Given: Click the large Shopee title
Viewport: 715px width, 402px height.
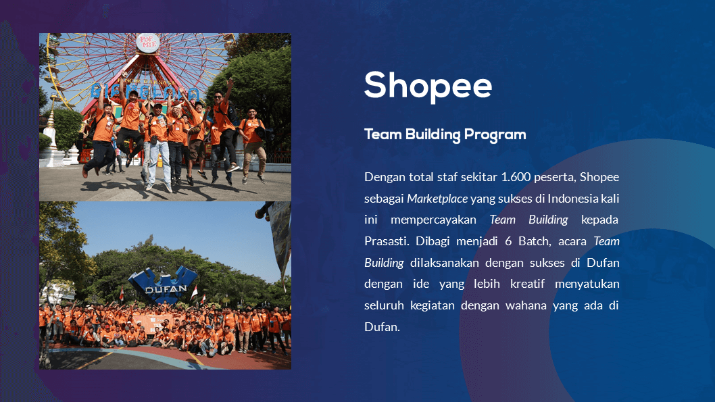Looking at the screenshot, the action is [x=428, y=86].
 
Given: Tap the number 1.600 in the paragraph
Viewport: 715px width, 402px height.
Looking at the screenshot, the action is [x=516, y=177].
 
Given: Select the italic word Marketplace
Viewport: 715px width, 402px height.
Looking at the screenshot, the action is [x=437, y=199].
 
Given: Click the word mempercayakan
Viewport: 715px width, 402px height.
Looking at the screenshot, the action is [x=434, y=220].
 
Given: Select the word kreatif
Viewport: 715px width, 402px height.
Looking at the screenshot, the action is [x=528, y=284].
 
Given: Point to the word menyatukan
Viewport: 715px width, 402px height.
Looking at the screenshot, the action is [x=587, y=284].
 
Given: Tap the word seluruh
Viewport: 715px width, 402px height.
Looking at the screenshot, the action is [x=384, y=305].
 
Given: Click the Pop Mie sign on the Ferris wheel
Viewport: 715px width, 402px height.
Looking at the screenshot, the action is [x=148, y=43].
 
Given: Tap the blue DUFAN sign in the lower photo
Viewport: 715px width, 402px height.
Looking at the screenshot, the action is [x=164, y=285].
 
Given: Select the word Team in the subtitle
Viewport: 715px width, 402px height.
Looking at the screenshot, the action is [x=383, y=134].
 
